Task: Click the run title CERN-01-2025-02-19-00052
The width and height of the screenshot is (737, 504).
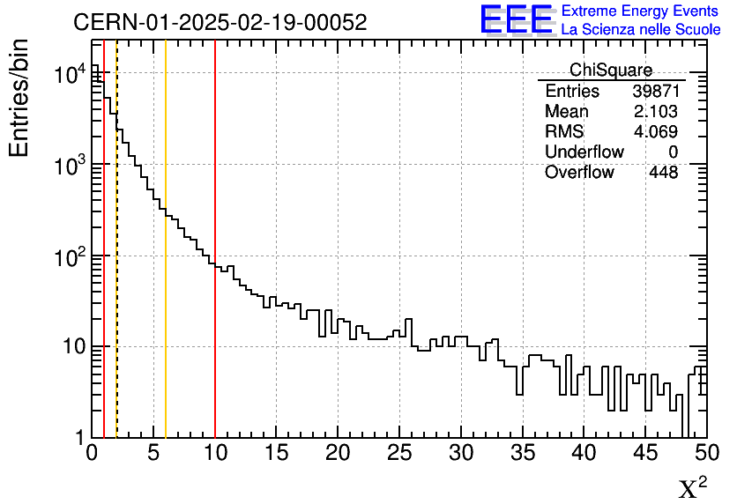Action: (x=220, y=23)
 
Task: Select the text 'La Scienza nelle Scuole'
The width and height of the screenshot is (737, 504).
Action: (x=640, y=29)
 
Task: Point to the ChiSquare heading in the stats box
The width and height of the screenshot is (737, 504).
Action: (x=611, y=70)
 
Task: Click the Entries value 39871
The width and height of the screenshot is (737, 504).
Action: (x=655, y=92)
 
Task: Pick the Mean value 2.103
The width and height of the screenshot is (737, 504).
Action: (x=655, y=112)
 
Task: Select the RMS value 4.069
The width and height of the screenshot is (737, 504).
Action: (x=655, y=132)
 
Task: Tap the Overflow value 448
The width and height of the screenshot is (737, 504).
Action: (x=663, y=173)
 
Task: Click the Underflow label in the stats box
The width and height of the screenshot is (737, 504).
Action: (x=584, y=152)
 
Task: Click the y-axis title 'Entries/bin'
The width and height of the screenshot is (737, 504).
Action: (x=19, y=98)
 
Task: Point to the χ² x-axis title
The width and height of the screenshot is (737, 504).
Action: (x=692, y=487)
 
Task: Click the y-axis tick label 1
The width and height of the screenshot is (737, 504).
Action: (x=80, y=438)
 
